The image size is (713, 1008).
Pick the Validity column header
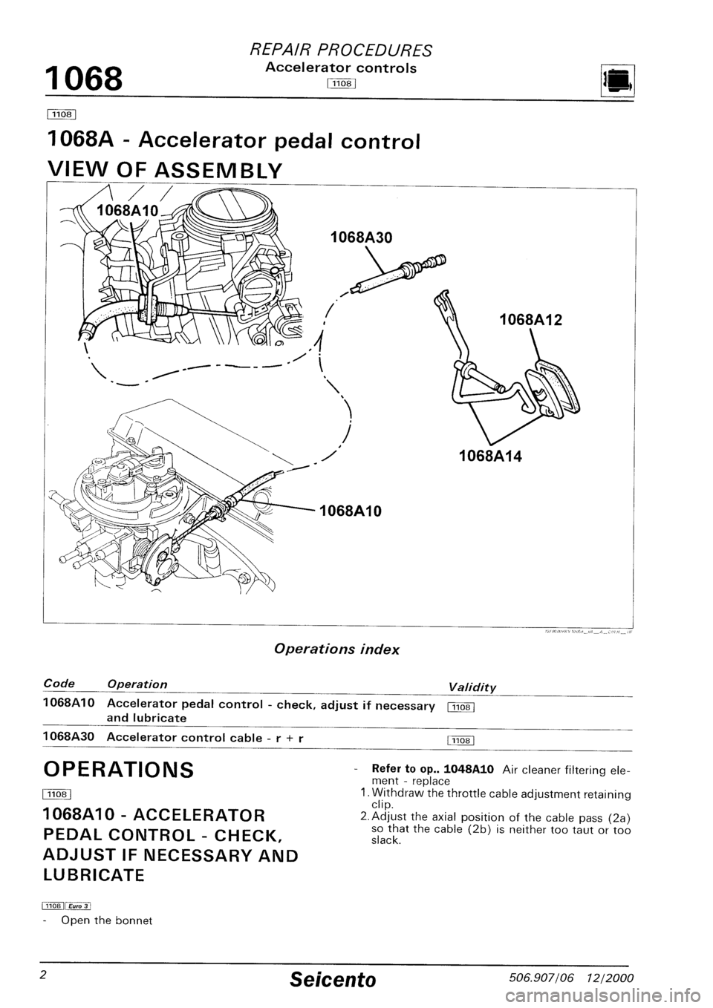[x=472, y=687]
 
